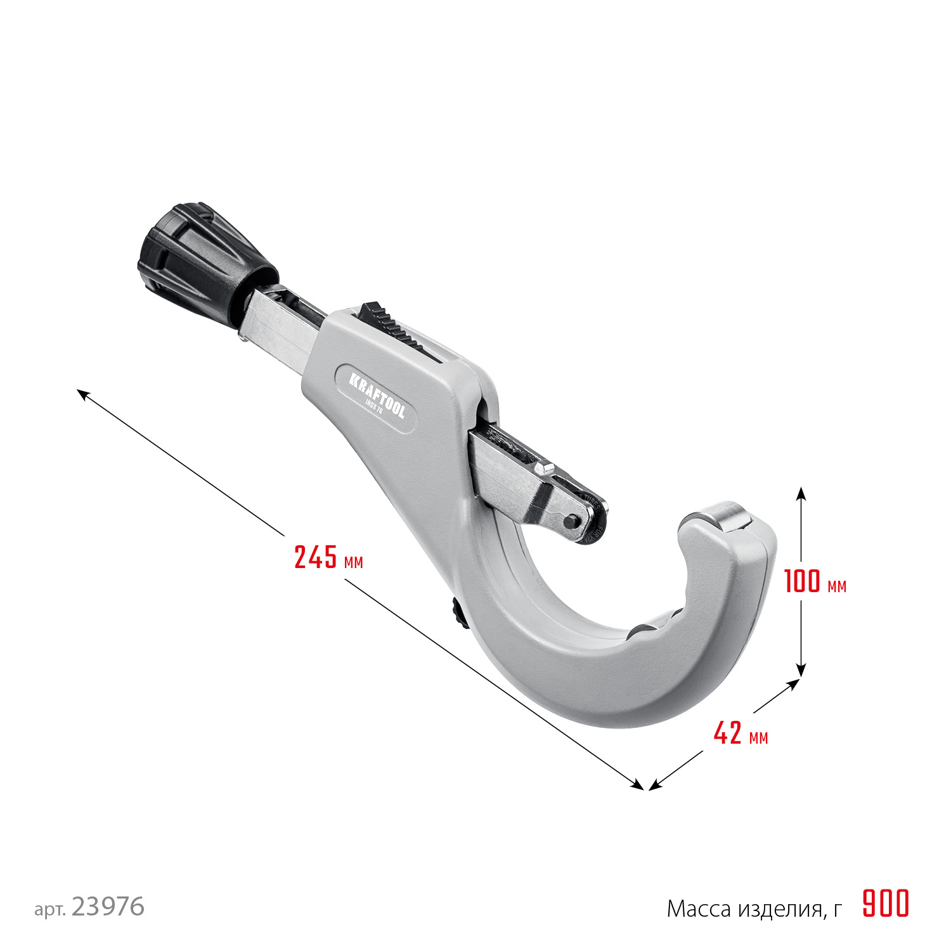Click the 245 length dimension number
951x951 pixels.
(316, 557)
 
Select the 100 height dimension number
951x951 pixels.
(802, 581)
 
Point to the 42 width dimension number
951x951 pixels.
(727, 734)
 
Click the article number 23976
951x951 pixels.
(108, 907)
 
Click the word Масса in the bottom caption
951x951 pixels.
(699, 909)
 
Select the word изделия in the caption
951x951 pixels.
(780, 909)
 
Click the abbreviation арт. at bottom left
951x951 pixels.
(50, 910)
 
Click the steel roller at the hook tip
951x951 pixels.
(720, 515)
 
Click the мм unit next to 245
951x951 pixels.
(353, 562)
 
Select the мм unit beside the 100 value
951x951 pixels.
(837, 586)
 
